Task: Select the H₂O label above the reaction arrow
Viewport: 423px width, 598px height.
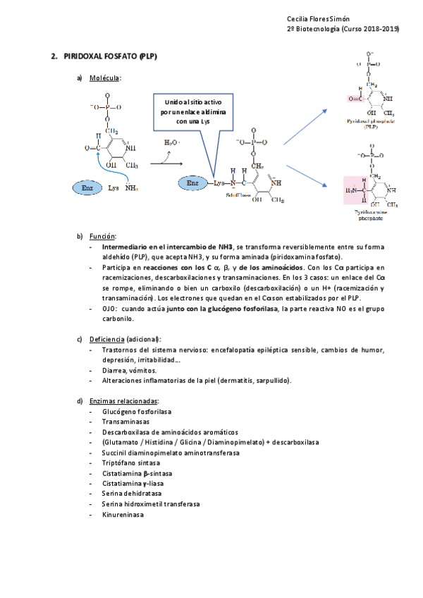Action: tap(171, 143)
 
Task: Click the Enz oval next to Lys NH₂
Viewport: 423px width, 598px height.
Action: tap(87, 189)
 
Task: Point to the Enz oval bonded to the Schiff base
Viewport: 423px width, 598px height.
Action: tap(192, 183)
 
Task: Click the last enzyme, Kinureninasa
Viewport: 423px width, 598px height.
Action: tap(123, 514)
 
